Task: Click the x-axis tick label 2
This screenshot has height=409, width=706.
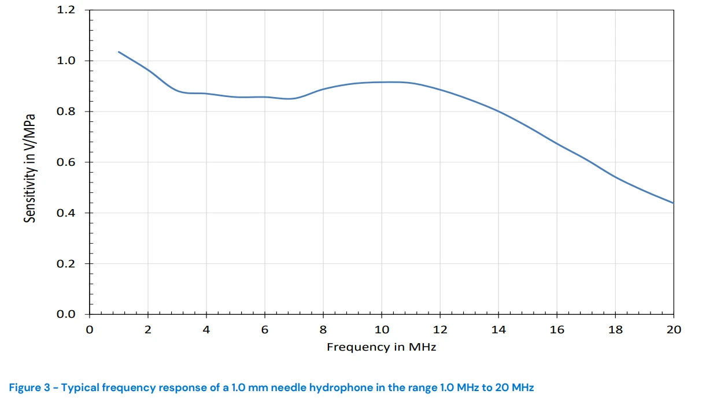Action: [x=148, y=330]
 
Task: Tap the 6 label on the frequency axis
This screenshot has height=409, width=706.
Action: [x=265, y=330]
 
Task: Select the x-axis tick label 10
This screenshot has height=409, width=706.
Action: [x=382, y=330]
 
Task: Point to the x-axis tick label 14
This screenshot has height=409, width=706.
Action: [x=498, y=330]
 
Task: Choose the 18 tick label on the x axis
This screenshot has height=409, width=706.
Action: [x=615, y=330]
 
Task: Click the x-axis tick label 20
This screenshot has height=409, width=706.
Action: [x=674, y=330]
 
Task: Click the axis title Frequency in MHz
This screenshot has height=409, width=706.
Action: [x=381, y=347]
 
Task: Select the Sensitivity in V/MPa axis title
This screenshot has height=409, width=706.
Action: [x=30, y=168]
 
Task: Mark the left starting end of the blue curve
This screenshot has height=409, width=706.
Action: [x=119, y=52]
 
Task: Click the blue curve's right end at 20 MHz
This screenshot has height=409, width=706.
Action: [x=674, y=203]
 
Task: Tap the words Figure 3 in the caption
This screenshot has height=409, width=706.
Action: [x=29, y=388]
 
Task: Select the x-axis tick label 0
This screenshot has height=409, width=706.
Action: [x=89, y=330]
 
